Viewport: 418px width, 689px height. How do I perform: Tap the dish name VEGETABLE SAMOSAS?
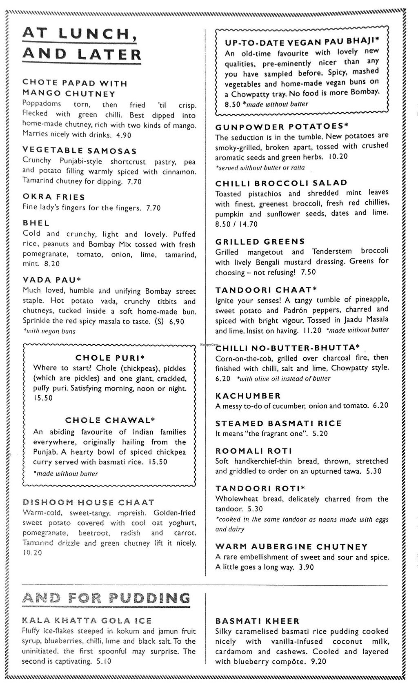click(x=80, y=151)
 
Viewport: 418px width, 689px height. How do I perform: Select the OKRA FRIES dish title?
click(x=54, y=197)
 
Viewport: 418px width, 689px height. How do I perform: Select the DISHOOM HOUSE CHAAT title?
click(x=89, y=502)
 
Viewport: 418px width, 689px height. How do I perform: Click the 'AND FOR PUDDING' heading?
click(x=107, y=599)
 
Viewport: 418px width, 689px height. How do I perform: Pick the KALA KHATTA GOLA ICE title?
click(x=87, y=621)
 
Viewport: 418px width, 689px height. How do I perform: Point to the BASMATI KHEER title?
click(x=258, y=621)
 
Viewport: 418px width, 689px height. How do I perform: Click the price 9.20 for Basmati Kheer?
click(x=318, y=662)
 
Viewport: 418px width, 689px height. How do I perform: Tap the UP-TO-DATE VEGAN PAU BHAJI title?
click(x=302, y=42)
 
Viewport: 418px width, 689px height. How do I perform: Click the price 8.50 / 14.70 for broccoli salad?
click(x=237, y=224)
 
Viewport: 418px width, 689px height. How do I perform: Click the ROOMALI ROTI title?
click(x=254, y=451)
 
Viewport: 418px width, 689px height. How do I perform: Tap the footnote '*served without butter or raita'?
click(x=260, y=167)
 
